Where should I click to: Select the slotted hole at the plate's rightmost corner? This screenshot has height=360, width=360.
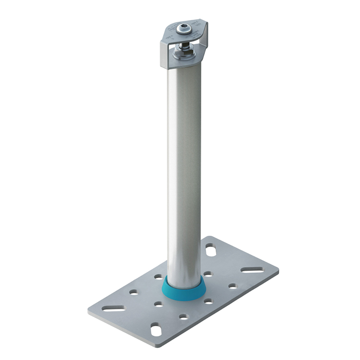tap(251, 269)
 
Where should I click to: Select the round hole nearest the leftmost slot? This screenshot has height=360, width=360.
tap(133, 293)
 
